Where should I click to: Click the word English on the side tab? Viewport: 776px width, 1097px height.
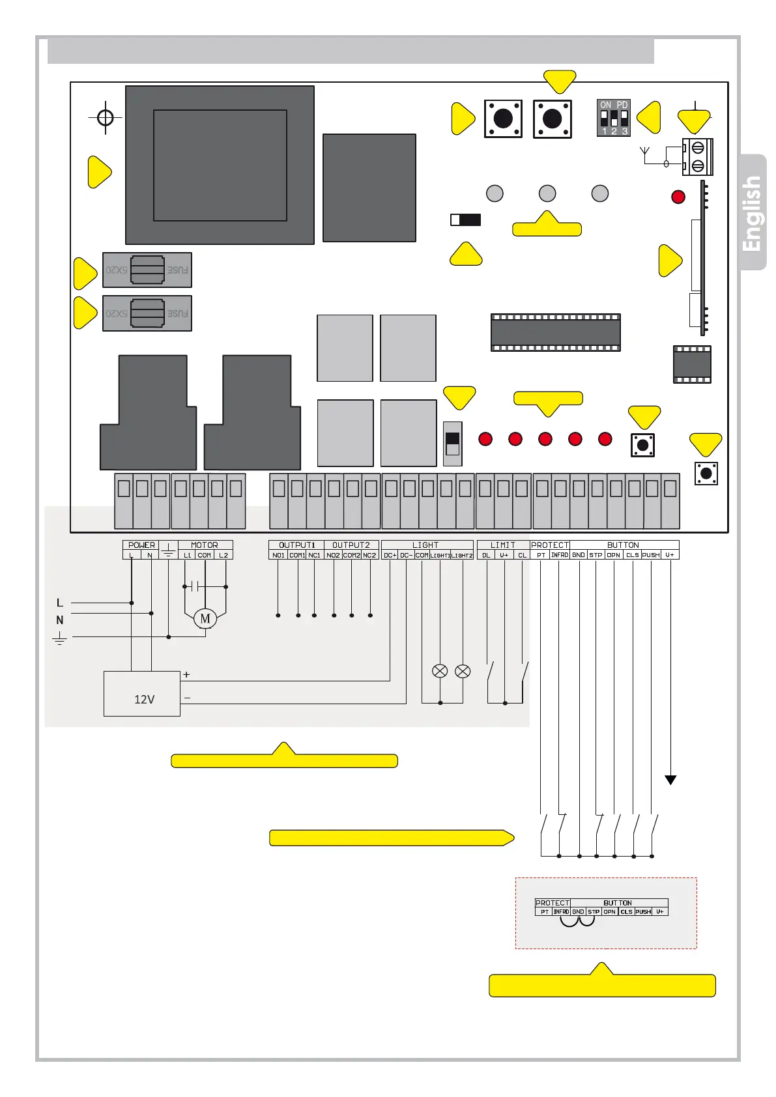[752, 213]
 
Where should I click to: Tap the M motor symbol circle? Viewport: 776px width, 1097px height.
[205, 619]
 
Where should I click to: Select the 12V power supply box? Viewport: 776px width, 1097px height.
[142, 694]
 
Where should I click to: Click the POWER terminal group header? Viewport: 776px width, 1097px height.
[141, 545]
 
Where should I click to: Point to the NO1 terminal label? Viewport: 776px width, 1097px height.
[278, 556]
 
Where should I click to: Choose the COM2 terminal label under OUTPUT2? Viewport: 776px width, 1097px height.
[352, 556]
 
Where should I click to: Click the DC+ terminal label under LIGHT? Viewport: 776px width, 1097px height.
[390, 556]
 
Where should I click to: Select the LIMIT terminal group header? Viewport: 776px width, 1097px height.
[503, 545]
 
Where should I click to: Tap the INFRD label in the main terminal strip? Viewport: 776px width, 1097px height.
[560, 556]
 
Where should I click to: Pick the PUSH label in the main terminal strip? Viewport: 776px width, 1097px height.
[651, 556]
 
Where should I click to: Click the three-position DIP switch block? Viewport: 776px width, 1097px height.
[614, 118]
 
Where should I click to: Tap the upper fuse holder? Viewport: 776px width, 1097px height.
[147, 270]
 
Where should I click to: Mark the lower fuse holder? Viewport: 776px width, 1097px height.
[147, 313]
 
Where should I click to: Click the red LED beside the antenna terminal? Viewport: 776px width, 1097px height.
[678, 197]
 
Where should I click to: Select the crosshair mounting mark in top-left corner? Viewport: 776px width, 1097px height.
[106, 118]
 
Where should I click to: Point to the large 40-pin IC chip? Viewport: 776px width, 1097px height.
[556, 333]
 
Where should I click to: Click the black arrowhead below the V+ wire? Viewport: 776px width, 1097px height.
[670, 780]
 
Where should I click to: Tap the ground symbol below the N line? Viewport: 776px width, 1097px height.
[60, 638]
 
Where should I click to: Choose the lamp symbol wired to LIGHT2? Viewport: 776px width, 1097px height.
[463, 671]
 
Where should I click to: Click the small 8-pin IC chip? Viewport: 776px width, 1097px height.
[692, 365]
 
